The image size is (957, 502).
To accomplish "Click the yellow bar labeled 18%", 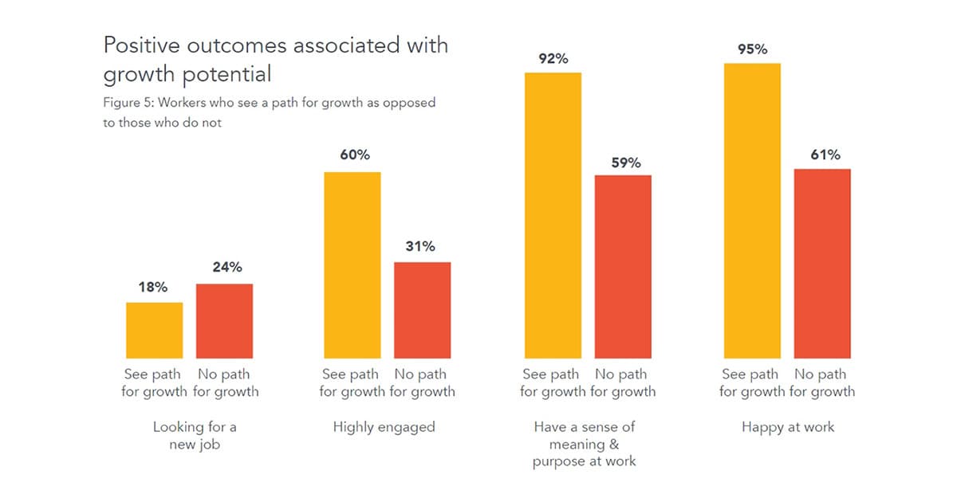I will click(154, 330).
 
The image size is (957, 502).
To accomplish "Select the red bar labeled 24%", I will click(224, 320).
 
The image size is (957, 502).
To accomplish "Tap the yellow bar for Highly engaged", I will click(352, 265).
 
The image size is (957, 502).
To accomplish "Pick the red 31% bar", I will click(422, 310).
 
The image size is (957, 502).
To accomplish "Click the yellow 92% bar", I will click(553, 215).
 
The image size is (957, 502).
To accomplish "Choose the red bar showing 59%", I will click(623, 266).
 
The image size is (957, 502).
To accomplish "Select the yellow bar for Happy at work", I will click(751, 210).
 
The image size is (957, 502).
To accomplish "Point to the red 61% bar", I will click(822, 263).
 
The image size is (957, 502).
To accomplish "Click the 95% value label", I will click(752, 49).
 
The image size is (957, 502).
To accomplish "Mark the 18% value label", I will click(152, 287).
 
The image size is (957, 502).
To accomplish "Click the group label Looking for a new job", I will click(195, 436).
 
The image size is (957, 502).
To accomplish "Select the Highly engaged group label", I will click(384, 427).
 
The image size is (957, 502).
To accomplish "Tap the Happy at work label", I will click(788, 427).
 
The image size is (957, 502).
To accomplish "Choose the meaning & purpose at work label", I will click(584, 444).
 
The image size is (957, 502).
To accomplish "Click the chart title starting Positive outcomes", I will click(275, 59).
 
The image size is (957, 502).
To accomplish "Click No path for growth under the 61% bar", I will click(821, 382).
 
